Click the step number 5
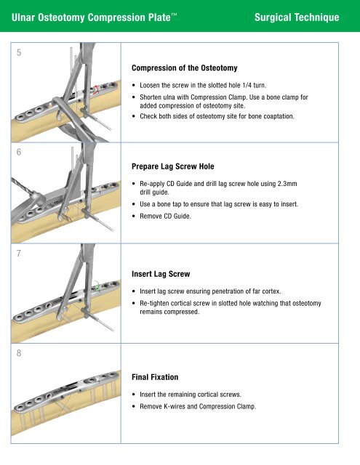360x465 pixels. [19, 52]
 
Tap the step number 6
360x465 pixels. [19, 152]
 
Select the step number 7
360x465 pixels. [19, 254]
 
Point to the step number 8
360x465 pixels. [19, 353]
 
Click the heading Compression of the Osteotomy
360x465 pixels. [184, 68]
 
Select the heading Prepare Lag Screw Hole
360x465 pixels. [173, 166]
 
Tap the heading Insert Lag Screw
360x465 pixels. [161, 274]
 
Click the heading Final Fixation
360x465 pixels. [155, 377]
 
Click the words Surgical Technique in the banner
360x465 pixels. [297, 17]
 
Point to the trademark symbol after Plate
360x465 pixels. [174, 15]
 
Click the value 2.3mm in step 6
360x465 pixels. [287, 184]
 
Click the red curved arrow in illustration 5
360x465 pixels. [96, 89]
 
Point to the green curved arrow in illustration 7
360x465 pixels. [97, 286]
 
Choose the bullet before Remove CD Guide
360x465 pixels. [134, 217]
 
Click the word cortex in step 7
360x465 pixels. [271, 291]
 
